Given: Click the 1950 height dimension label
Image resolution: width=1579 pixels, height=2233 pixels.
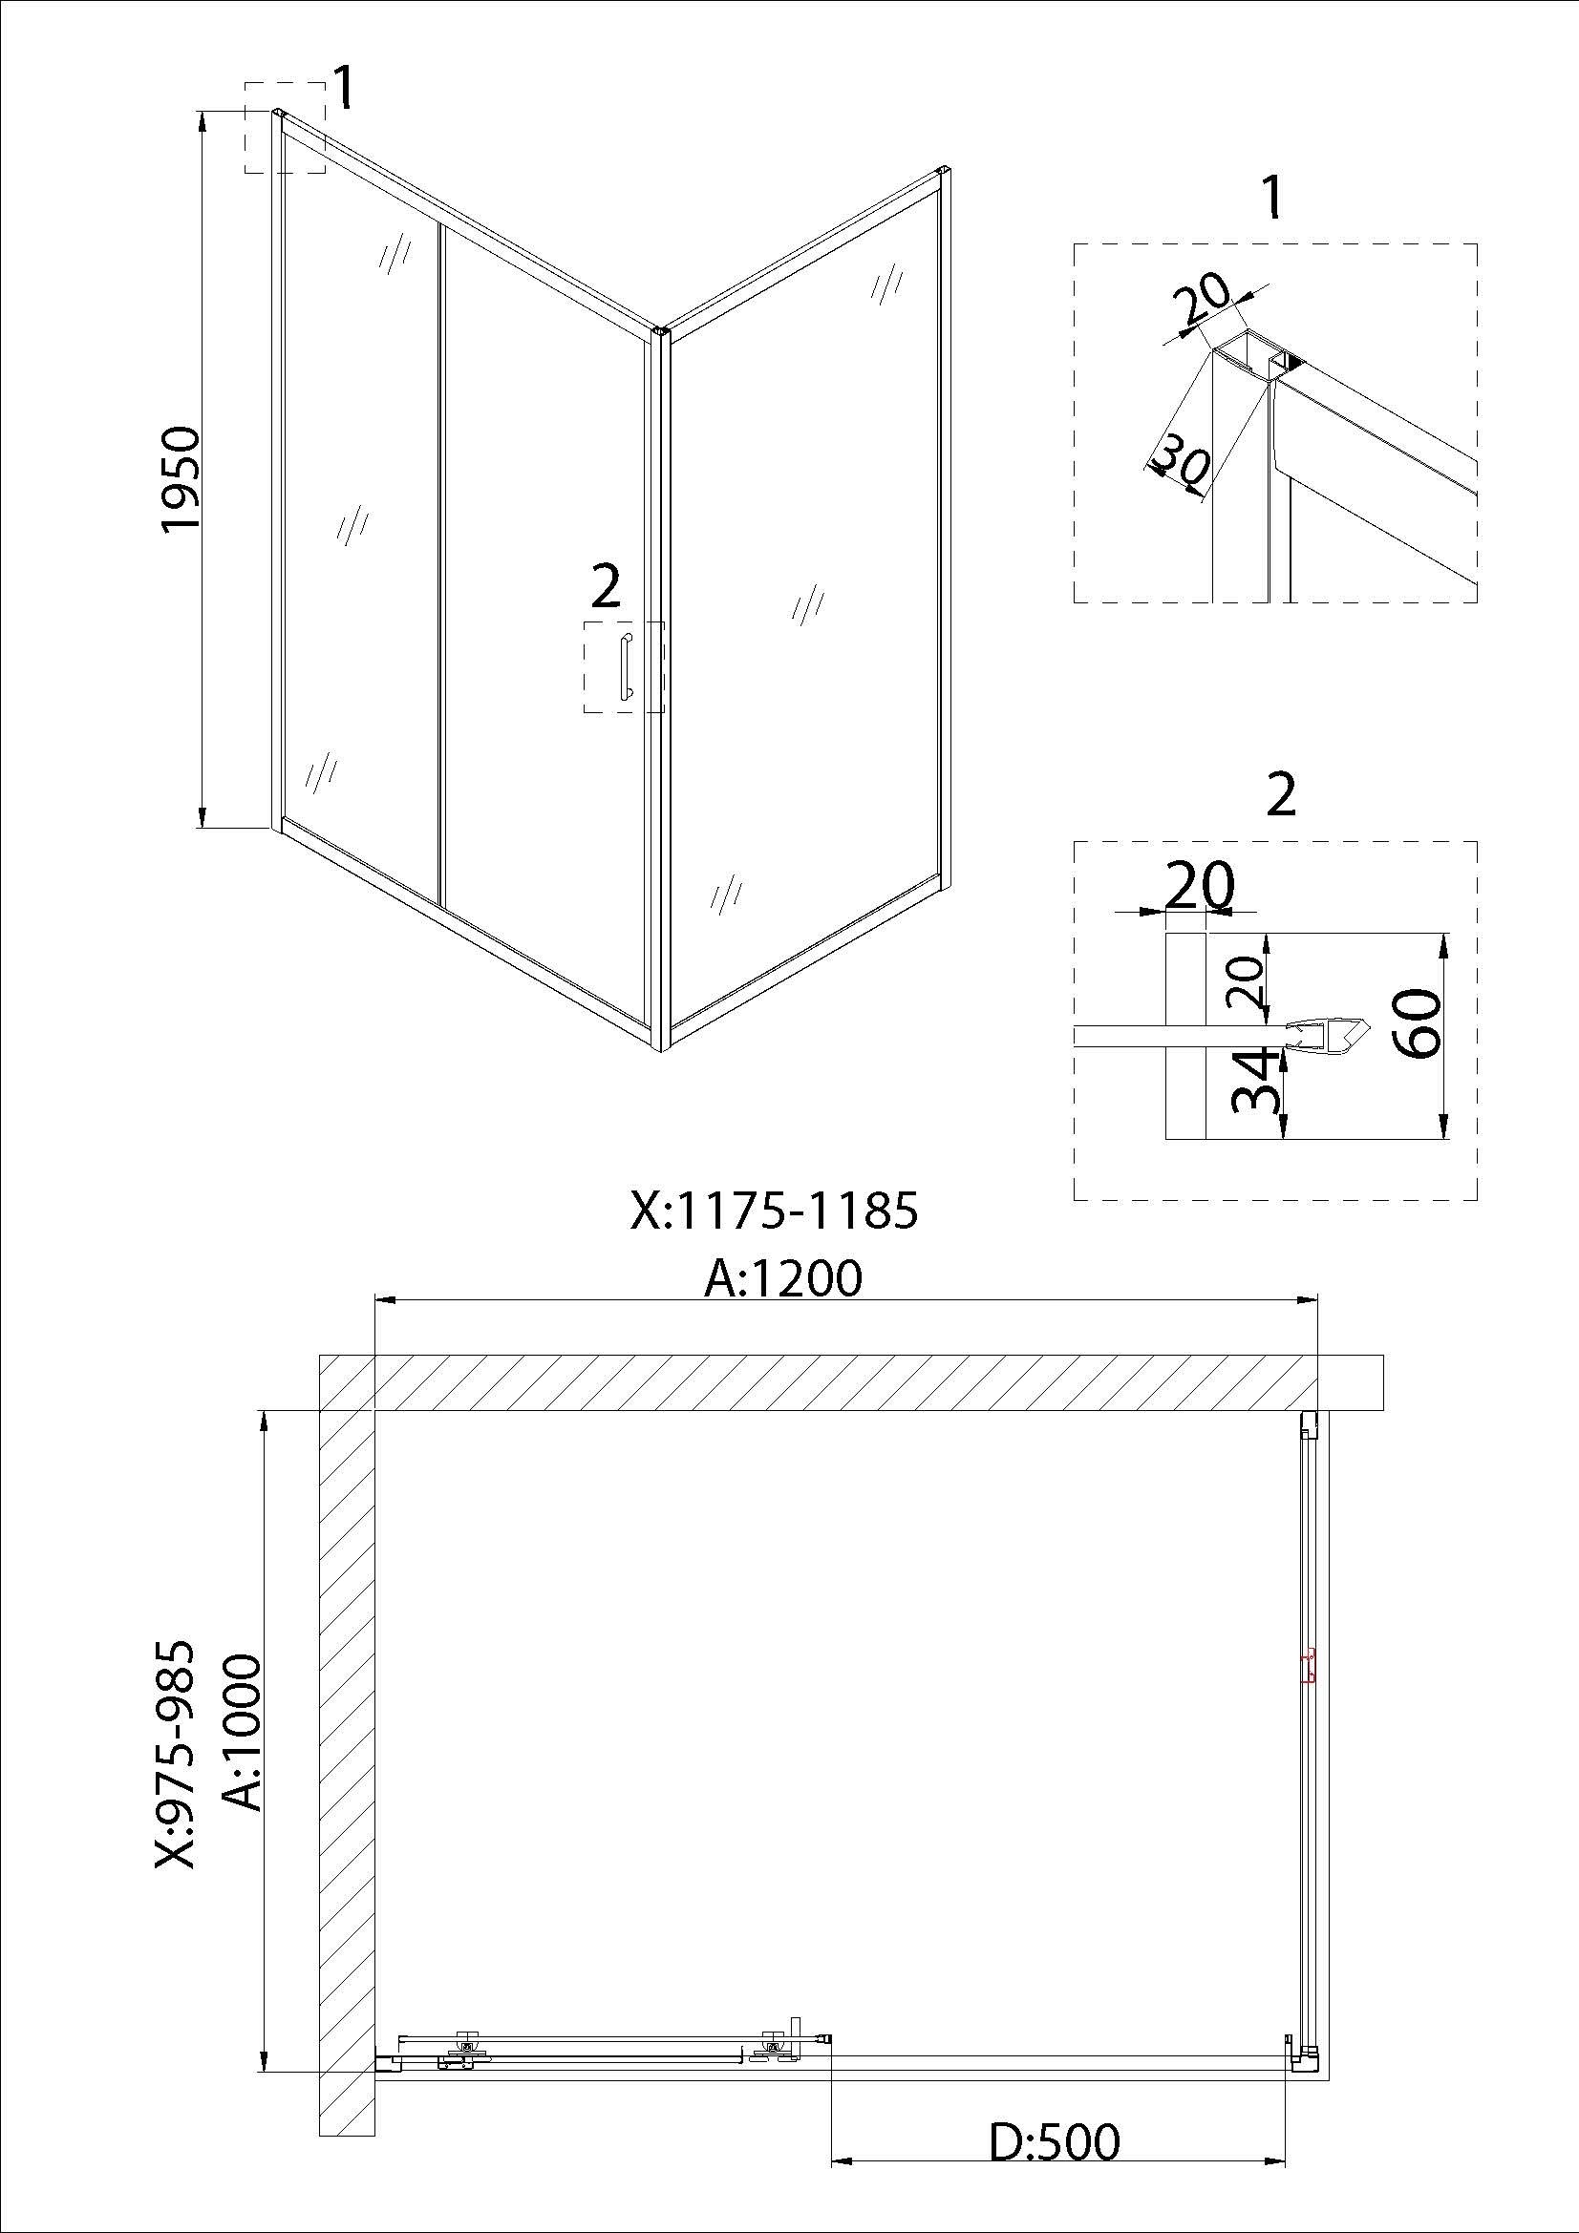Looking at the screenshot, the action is point(181,478).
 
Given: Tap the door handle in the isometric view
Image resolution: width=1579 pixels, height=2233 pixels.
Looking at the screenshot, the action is point(625,666).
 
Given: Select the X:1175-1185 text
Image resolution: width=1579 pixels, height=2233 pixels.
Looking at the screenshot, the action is point(775,1211).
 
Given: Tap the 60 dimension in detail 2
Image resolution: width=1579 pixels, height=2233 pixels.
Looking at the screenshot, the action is point(1417,1023).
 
